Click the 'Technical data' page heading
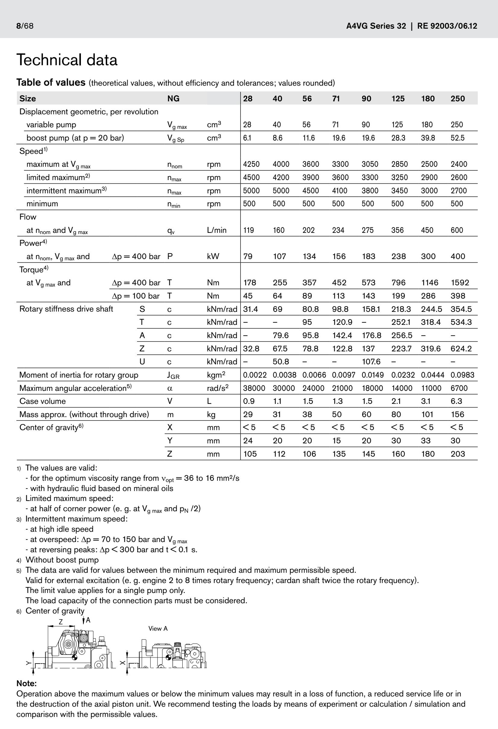tap(67, 60)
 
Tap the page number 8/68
tap(25, 26)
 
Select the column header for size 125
tap(398, 99)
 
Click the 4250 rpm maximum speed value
tap(251, 164)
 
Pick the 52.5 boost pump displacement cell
tap(458, 138)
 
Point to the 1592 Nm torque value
tap(460, 283)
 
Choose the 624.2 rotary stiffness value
tap(461, 348)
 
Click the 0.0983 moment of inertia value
tap(462, 375)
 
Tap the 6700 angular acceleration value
tap(459, 388)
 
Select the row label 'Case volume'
tap(42, 401)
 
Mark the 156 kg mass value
tap(457, 414)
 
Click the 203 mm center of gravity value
tap(458, 454)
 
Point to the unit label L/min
tap(216, 230)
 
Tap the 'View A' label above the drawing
tap(158, 629)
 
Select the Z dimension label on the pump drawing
tap(61, 622)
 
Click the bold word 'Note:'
tap(26, 683)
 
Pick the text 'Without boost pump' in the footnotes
tap(62, 560)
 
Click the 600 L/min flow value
tap(457, 230)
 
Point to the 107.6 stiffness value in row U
tap(371, 362)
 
